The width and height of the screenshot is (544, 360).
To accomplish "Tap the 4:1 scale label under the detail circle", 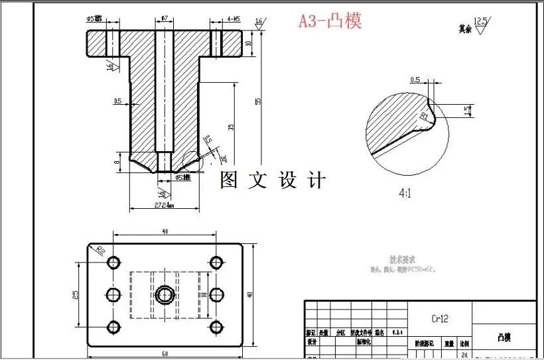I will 406,194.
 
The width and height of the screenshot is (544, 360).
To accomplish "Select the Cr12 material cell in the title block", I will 440,318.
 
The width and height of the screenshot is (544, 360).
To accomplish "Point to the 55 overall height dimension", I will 258,101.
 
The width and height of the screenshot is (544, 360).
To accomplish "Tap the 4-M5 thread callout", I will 234,19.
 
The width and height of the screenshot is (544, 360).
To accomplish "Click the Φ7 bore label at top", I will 165,19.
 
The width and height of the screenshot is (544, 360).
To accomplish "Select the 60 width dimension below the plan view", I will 164,354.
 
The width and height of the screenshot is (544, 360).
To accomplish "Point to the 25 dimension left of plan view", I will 77,294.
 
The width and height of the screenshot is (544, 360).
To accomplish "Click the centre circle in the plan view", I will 165,294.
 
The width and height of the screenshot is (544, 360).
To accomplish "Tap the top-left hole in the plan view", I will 113,261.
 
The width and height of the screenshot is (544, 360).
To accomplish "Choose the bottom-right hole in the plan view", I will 216,326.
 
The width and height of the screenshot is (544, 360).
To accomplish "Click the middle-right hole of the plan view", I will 216,294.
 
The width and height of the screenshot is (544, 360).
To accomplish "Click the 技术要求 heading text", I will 403,259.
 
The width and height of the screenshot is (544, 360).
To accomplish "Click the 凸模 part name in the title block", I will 504,337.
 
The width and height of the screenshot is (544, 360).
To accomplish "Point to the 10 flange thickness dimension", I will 247,43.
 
